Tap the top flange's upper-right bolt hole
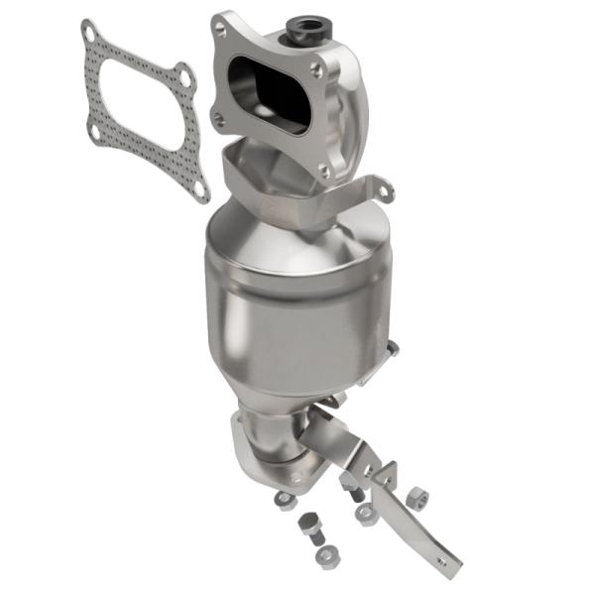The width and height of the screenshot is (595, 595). [314, 68]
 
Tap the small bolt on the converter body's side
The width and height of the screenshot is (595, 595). [393, 348]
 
